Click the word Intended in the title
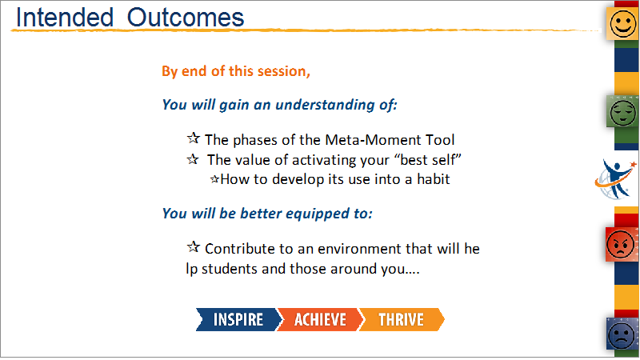coord(65,18)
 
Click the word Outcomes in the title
coord(186,18)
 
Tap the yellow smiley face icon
coord(622,23)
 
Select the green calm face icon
coord(622,111)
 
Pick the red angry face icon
coord(622,244)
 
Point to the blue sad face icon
coord(622,334)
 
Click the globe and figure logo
coord(615,179)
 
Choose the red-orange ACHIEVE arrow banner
coord(320,319)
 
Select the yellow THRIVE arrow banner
coord(402,319)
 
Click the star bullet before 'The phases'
coord(194,138)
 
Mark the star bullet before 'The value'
coord(193,158)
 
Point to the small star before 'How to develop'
coord(214,179)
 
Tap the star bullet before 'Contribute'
coord(194,247)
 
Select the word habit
coord(433,179)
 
